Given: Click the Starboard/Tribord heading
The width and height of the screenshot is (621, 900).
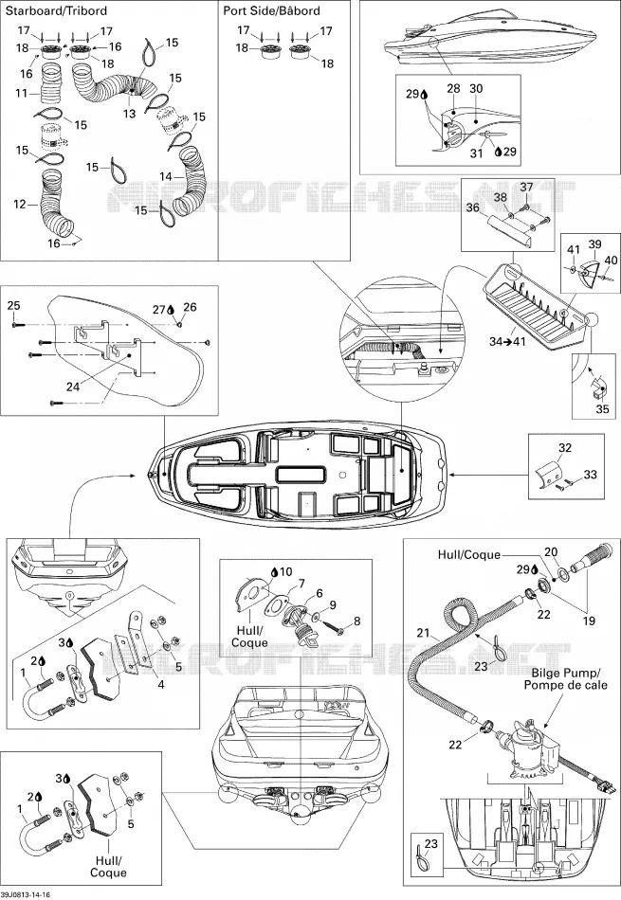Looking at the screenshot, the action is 56,11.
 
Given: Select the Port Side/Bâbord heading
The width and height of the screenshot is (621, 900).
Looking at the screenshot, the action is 272,11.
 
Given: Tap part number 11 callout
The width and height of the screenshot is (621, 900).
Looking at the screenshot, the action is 21,93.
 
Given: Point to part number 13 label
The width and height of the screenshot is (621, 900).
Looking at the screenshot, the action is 130,114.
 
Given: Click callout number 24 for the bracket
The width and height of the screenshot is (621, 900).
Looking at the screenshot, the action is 73,387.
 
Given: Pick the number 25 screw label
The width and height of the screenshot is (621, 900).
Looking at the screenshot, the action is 13,305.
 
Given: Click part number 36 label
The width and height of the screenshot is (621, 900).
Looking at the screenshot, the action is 473,207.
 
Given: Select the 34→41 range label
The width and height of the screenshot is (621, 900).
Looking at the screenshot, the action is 507,341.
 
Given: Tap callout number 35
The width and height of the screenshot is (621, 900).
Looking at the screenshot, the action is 602,409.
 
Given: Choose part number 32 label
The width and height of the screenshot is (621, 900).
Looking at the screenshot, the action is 565,447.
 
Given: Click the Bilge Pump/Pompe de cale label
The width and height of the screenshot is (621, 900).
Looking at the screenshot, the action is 565,679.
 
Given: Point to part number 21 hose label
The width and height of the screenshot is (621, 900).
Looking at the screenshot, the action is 424,633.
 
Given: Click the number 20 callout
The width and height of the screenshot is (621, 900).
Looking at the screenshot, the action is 551,552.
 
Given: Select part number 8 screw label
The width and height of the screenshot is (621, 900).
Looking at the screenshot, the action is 357,621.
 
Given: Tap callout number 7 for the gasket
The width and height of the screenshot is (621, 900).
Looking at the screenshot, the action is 301,585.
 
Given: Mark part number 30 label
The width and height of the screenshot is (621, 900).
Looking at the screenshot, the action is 476,89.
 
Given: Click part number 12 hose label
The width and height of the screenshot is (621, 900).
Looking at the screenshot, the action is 20,204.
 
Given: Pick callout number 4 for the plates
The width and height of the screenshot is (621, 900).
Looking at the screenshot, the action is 161,684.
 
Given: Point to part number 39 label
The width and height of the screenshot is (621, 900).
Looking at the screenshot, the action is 594,243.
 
